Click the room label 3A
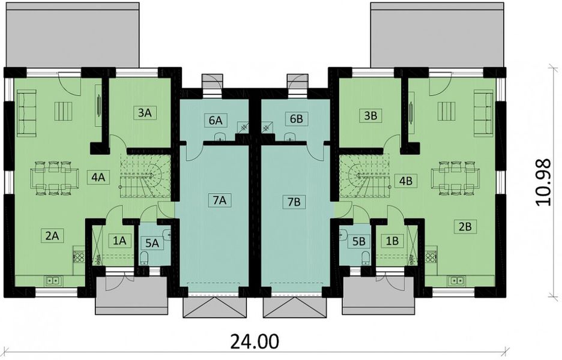tap(144, 112)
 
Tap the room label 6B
tap(296, 119)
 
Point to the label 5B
tap(359, 241)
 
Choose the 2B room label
tap(465, 226)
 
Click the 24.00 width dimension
tap(255, 342)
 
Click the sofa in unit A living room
tap(26, 112)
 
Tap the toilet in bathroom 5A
tap(144, 258)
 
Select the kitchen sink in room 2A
tap(52, 279)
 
